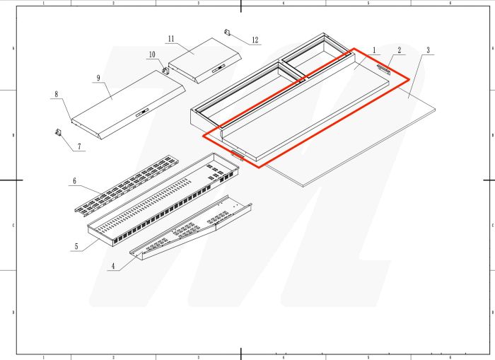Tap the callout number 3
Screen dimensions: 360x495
(428, 50)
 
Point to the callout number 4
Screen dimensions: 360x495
(112, 266)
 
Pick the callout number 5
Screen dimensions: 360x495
(75, 247)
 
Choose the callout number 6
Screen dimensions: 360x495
(74, 181)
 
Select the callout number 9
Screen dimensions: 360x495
(98, 77)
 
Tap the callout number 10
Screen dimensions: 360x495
(151, 54)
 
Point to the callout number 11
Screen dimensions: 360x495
(171, 37)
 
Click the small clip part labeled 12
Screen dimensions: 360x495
(228, 32)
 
